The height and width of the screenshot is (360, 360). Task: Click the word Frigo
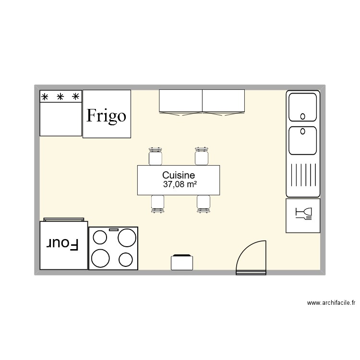[106, 116]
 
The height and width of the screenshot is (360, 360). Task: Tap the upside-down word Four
[62, 244]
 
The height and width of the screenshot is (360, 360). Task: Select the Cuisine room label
[178, 176]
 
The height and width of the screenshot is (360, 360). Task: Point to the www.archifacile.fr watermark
[331, 303]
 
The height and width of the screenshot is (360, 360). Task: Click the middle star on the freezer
[60, 97]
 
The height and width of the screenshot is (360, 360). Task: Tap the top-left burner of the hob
[100, 238]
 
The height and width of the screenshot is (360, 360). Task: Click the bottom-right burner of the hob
[126, 259]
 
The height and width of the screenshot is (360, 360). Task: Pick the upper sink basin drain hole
[303, 116]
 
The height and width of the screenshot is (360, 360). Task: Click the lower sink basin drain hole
[303, 131]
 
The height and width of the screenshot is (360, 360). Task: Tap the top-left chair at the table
[155, 156]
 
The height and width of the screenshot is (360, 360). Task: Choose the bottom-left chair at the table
[157, 203]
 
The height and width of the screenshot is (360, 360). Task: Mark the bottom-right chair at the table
[204, 203]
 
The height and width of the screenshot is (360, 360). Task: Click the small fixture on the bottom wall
[181, 262]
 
